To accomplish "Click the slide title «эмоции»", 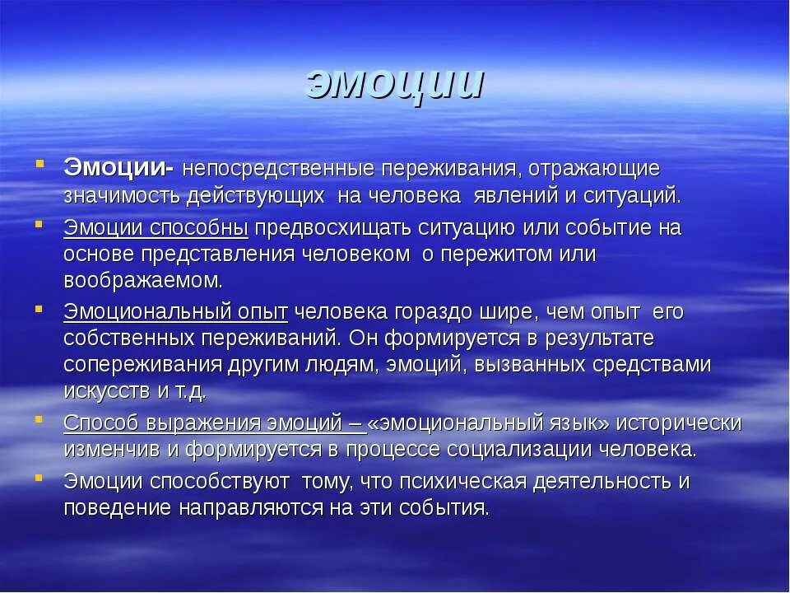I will [x=394, y=82].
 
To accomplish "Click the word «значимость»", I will [x=122, y=196].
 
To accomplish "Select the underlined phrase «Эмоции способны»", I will [x=156, y=227].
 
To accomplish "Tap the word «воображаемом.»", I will [x=143, y=280].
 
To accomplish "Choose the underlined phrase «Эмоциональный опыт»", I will [x=175, y=312].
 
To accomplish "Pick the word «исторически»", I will [x=679, y=423].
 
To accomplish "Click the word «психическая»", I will [x=472, y=482].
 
